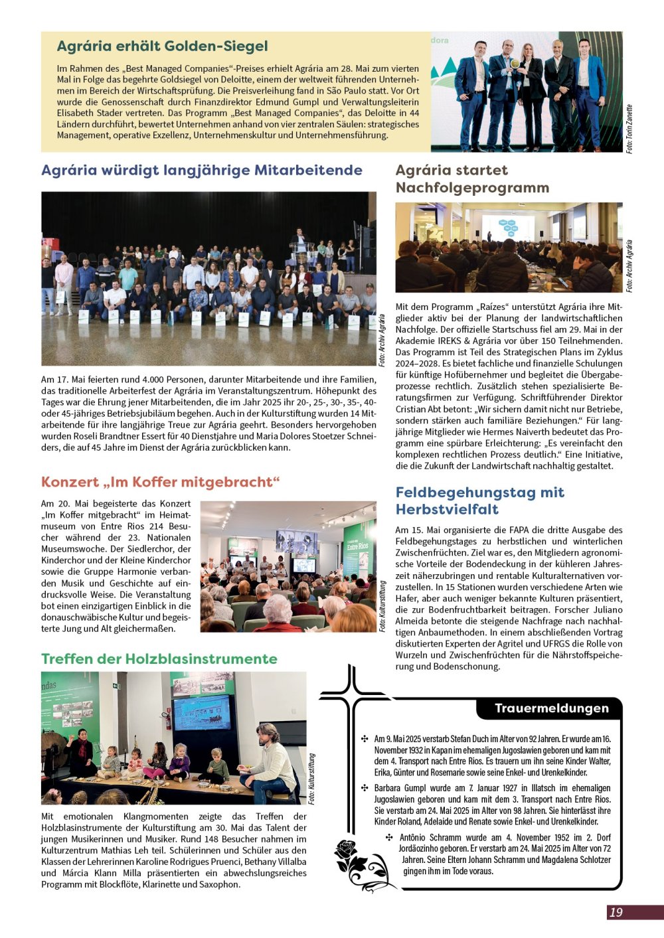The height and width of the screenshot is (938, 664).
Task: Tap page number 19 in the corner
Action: (616, 912)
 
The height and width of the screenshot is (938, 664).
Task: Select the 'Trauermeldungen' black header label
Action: (551, 708)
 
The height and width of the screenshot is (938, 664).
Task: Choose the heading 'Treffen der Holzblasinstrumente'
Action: (159, 659)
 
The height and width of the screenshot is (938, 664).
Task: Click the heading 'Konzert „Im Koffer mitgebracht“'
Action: (161, 482)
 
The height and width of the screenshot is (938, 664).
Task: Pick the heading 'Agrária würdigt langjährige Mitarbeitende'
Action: (202, 170)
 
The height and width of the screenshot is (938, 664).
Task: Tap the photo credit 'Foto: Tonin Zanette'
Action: (629, 129)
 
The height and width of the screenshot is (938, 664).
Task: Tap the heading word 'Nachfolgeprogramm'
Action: (472, 188)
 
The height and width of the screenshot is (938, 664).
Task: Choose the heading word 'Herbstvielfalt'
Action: (447, 509)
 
